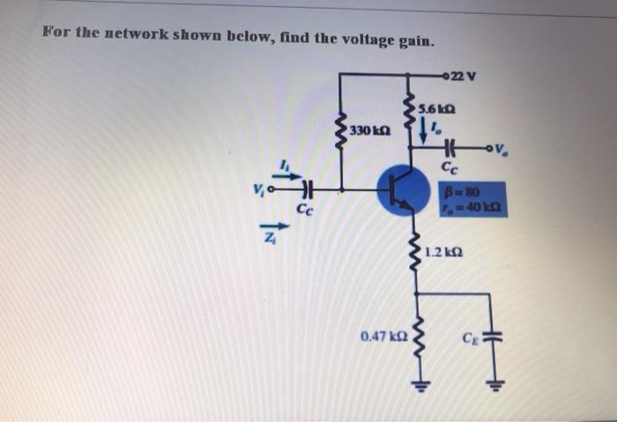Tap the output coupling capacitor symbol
tap(450, 149)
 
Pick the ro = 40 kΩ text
tap(478, 207)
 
